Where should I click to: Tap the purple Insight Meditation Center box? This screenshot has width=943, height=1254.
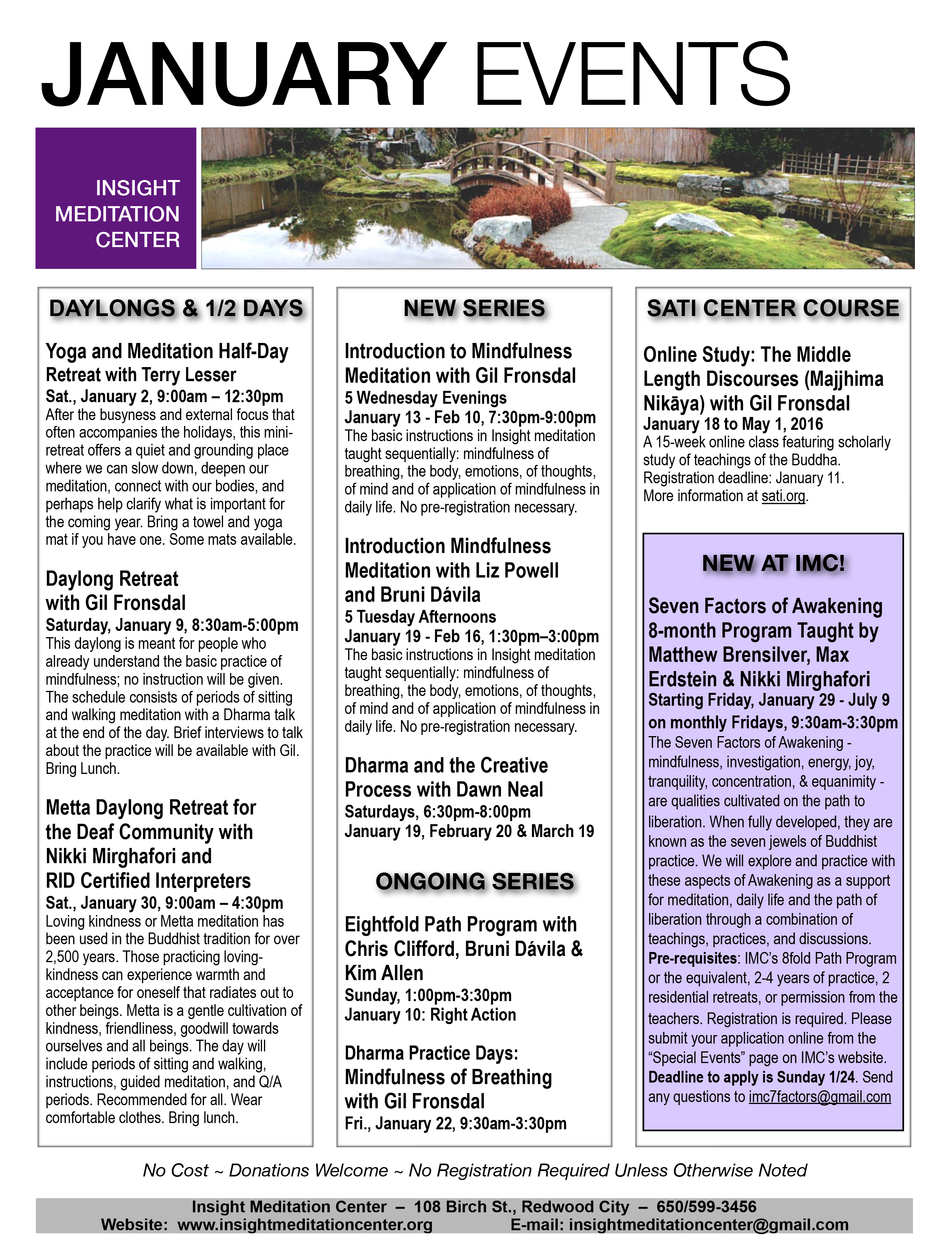(x=116, y=198)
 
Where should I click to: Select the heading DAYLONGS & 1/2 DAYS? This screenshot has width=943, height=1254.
(x=176, y=308)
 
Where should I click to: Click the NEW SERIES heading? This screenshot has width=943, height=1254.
(x=474, y=308)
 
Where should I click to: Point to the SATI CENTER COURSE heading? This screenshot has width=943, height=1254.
(x=773, y=308)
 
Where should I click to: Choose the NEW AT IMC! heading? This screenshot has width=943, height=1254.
(x=773, y=563)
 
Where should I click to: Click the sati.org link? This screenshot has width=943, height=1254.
(x=783, y=496)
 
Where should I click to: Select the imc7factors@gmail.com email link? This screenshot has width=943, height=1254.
(x=819, y=1097)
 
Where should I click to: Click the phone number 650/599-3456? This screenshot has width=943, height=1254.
(x=706, y=1206)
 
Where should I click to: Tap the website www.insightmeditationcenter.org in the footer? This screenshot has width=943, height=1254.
(x=305, y=1224)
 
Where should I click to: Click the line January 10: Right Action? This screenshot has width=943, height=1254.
(x=430, y=1014)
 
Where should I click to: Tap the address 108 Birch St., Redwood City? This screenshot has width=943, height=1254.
(x=521, y=1206)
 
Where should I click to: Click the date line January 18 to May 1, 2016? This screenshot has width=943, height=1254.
(x=732, y=424)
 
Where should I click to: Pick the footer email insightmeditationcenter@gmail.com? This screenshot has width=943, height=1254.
(x=708, y=1224)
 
